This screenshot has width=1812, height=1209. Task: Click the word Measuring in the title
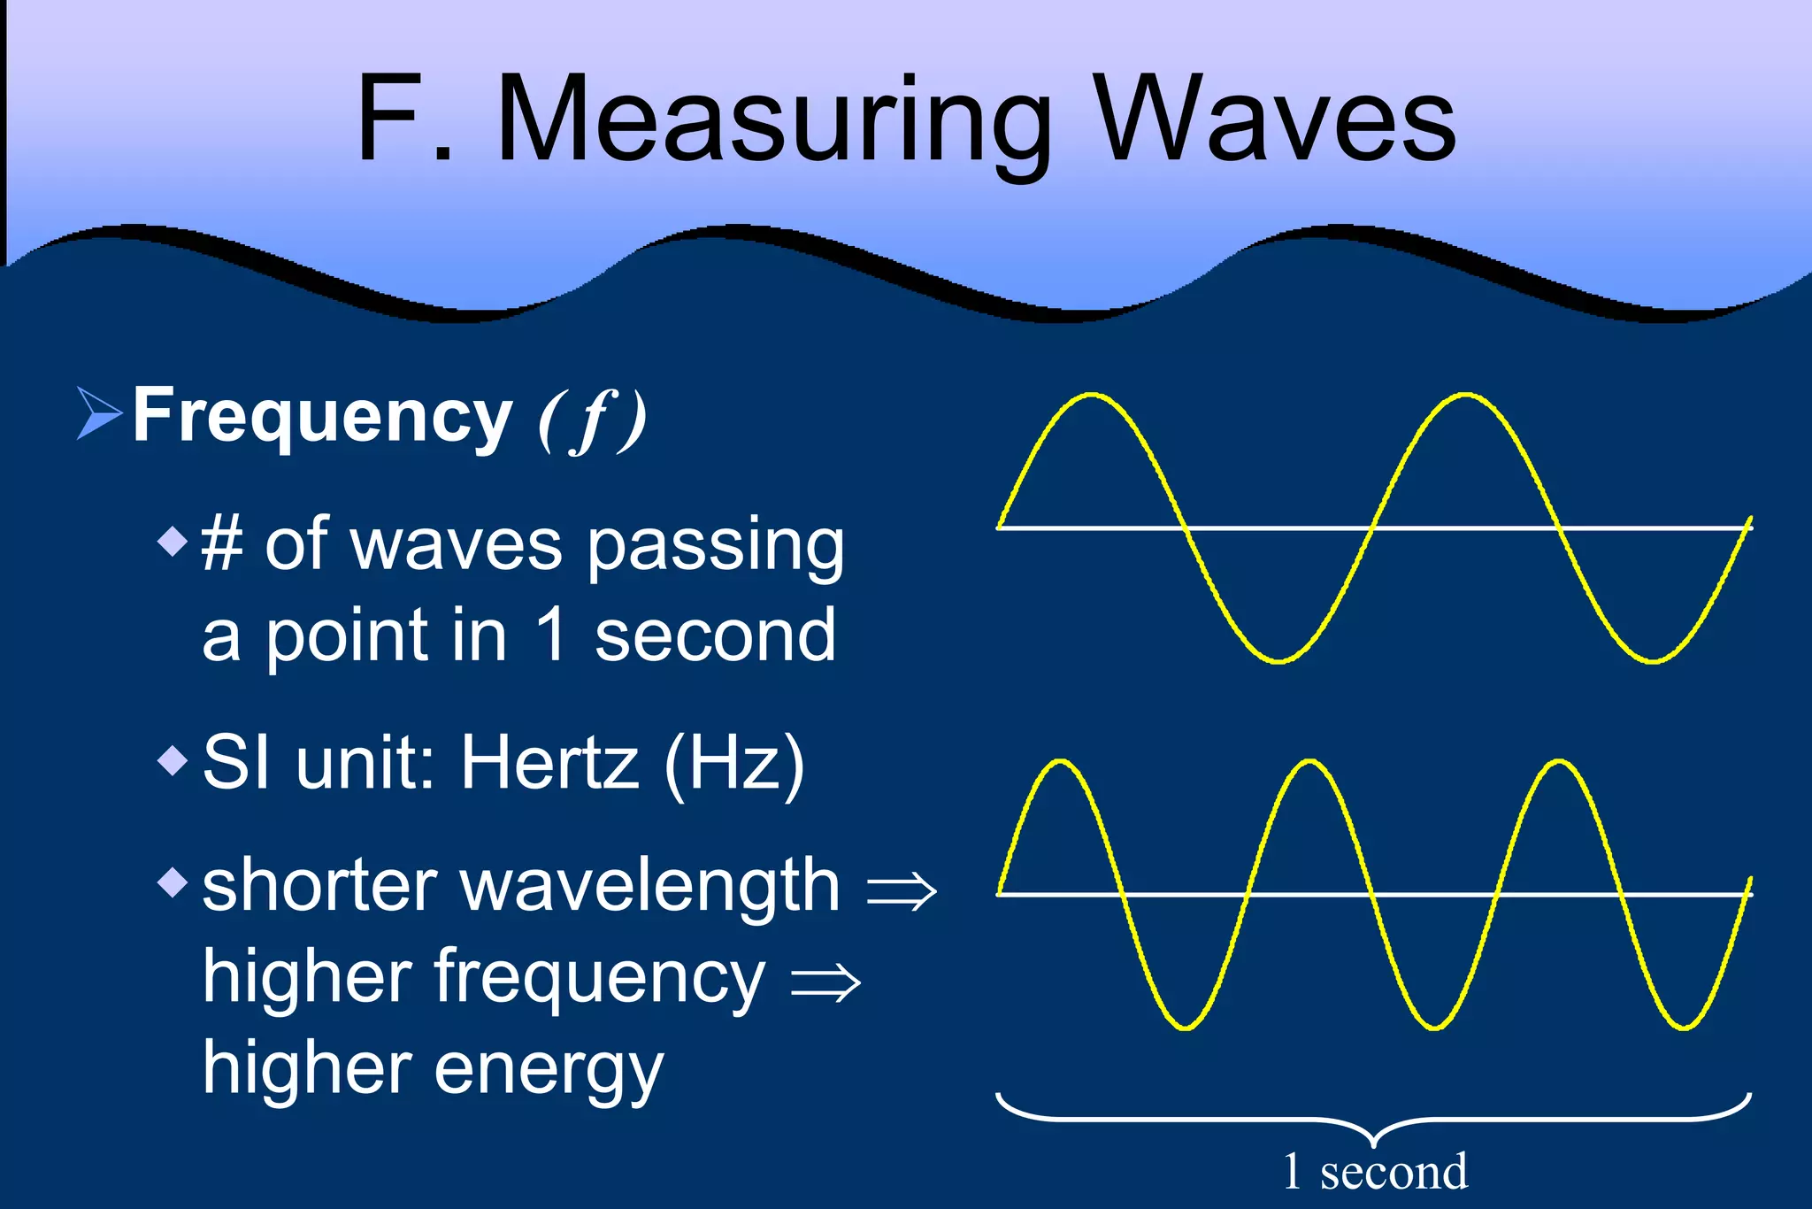(x=774, y=119)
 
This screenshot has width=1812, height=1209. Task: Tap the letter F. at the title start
(x=403, y=119)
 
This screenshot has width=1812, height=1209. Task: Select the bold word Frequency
(x=322, y=417)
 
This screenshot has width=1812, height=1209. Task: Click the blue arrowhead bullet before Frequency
(x=98, y=413)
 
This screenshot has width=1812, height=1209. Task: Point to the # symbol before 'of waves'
(x=222, y=544)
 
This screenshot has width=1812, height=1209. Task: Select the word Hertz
(x=549, y=762)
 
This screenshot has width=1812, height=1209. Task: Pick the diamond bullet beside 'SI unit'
(x=173, y=759)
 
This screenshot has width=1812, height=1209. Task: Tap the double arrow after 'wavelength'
(x=901, y=889)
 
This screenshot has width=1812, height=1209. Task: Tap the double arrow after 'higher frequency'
(x=825, y=982)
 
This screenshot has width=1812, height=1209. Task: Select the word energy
(x=548, y=1070)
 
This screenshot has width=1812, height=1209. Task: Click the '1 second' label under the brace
(x=1375, y=1172)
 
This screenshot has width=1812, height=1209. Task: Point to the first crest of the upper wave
(x=1092, y=395)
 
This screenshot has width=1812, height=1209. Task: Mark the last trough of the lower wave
(x=1684, y=1028)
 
